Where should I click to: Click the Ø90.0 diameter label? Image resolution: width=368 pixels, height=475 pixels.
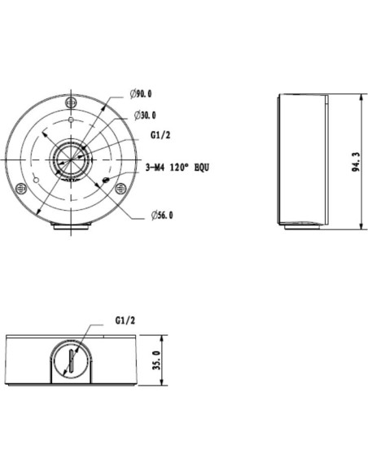click(x=141, y=94)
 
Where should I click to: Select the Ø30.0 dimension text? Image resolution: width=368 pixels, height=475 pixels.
click(x=145, y=115)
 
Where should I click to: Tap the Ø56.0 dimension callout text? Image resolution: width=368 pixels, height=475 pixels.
click(x=162, y=216)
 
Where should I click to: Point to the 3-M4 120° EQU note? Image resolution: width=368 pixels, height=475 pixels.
click(x=177, y=168)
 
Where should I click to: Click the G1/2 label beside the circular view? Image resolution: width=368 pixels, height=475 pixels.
click(x=160, y=135)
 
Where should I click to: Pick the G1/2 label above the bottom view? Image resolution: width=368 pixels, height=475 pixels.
click(x=125, y=320)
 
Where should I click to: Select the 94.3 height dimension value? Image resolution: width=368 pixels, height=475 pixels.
click(x=356, y=162)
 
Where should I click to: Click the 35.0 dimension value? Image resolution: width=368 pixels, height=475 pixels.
click(x=156, y=360)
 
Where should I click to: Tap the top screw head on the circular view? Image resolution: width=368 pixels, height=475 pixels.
click(x=71, y=102)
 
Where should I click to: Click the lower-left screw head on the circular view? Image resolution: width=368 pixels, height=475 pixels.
click(x=21, y=189)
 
